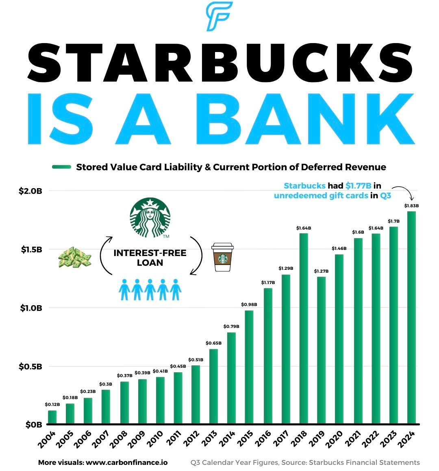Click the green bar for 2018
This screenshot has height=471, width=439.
(304, 328)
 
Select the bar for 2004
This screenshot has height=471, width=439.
(52, 417)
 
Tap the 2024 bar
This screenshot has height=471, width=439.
(411, 317)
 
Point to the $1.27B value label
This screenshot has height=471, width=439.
(321, 271)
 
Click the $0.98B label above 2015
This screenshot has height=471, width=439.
(249, 304)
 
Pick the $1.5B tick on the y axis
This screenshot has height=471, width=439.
(31, 250)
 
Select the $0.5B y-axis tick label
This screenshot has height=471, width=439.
(30, 367)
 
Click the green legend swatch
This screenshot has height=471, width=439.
(62, 167)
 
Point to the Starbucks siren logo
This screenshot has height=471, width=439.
(150, 217)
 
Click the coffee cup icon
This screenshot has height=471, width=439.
(222, 257)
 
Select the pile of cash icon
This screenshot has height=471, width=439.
(74, 257)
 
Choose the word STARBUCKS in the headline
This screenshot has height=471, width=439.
(219, 63)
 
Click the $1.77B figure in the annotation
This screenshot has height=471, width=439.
(358, 186)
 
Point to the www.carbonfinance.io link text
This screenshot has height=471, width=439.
(127, 462)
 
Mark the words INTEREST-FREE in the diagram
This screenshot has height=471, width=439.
(150, 253)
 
